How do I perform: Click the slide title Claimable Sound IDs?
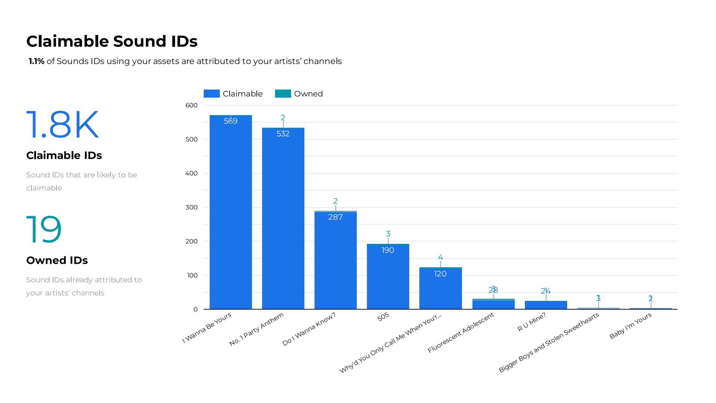(112, 41)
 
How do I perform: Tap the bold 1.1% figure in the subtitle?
(36, 61)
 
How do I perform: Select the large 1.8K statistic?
(63, 125)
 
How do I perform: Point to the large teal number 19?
(44, 229)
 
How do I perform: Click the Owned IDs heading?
(57, 260)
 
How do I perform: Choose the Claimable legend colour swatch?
(211, 94)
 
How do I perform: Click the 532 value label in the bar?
(283, 134)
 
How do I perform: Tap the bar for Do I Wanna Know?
(335, 262)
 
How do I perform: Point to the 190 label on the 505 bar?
(388, 250)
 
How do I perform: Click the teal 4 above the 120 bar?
(440, 257)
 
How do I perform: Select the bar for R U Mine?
(546, 305)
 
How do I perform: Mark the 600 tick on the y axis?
(191, 105)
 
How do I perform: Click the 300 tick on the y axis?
(191, 207)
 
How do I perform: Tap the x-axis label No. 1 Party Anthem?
(256, 330)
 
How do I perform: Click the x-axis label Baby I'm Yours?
(630, 326)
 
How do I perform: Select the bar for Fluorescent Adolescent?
(493, 304)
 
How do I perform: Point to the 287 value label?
(335, 217)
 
